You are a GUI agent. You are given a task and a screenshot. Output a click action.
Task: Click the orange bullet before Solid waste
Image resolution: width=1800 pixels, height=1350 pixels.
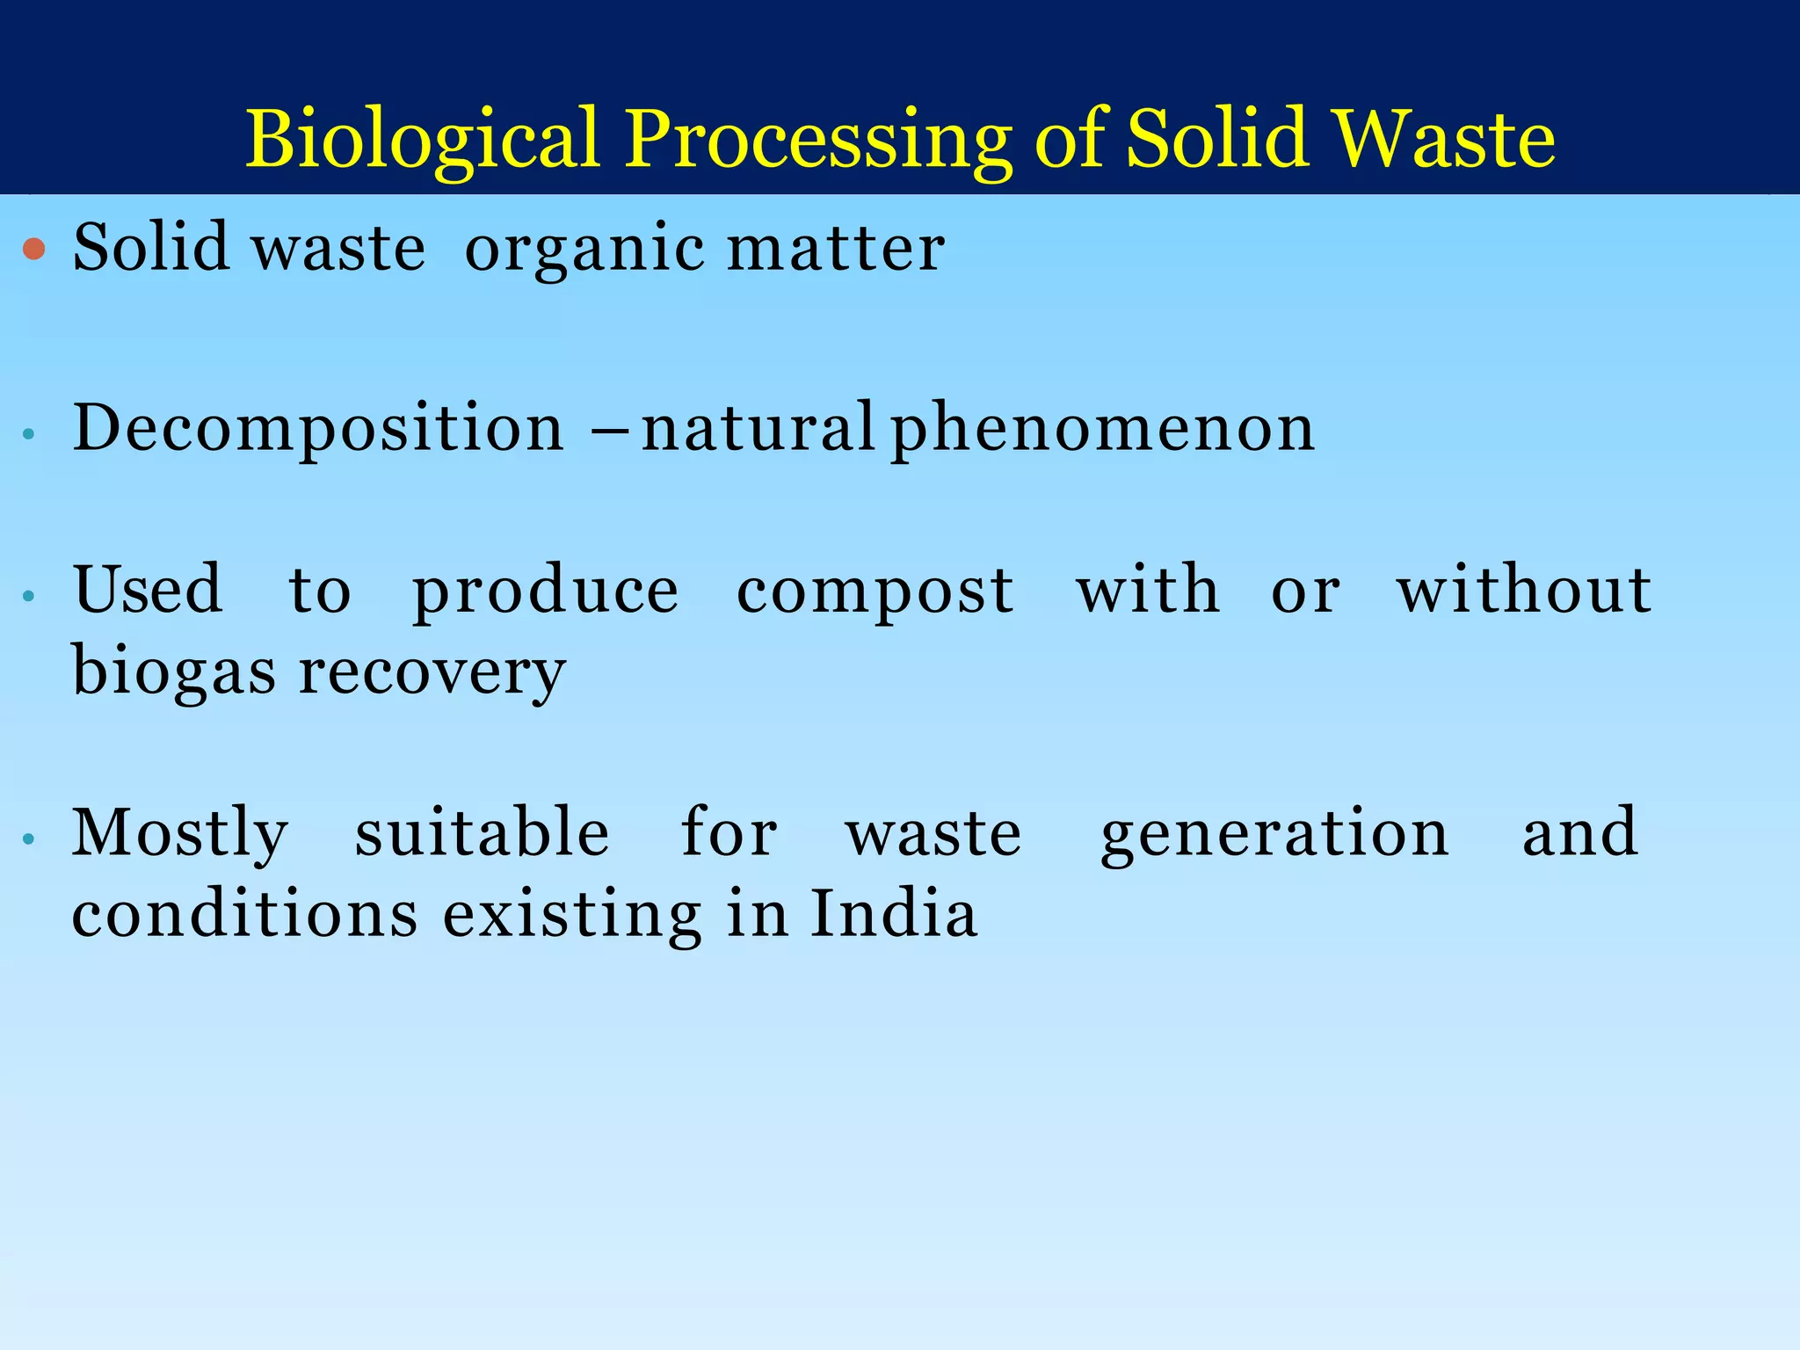[34, 250]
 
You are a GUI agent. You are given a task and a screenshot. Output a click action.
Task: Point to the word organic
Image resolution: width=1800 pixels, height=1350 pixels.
[584, 250]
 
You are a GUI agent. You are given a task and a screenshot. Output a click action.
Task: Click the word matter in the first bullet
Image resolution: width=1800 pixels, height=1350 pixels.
[836, 248]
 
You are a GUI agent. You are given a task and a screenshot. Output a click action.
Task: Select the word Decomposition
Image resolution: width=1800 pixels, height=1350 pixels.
[318, 428]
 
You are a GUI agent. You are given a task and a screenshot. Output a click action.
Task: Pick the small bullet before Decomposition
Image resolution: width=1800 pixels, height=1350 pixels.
[29, 433]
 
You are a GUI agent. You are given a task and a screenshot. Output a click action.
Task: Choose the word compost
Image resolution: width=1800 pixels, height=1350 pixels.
[875, 591]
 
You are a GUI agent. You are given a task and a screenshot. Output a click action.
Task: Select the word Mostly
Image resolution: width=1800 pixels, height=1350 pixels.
[180, 833]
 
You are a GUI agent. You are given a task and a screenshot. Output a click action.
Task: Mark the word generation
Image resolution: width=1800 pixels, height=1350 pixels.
[1274, 833]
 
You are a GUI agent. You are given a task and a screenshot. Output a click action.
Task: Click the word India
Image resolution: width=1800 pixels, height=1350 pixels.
[893, 914]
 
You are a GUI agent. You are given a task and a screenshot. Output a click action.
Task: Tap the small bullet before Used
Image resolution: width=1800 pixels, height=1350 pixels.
[29, 596]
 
